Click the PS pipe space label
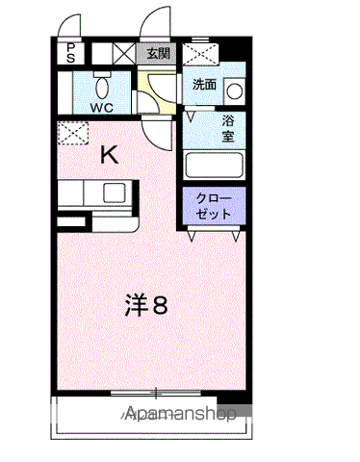pyautogui.click(x=70, y=53)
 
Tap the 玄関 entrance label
pyautogui.click(x=158, y=53)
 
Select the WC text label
pyautogui.click(x=101, y=108)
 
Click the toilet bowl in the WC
pyautogui.click(x=102, y=87)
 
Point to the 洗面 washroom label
pyautogui.click(x=204, y=85)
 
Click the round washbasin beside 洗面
pyautogui.click(x=235, y=91)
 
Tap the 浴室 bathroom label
pyautogui.click(x=228, y=129)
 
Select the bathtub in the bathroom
pyautogui.click(x=215, y=165)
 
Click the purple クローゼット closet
pyautogui.click(x=214, y=206)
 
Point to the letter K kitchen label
pyautogui.click(x=110, y=155)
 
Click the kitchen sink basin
pyautogui.click(x=114, y=192)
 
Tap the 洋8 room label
pyautogui.click(x=146, y=305)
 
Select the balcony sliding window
pyautogui.click(x=156, y=393)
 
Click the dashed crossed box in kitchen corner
pyautogui.click(x=73, y=133)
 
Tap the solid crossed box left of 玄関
pyautogui.click(x=124, y=53)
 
